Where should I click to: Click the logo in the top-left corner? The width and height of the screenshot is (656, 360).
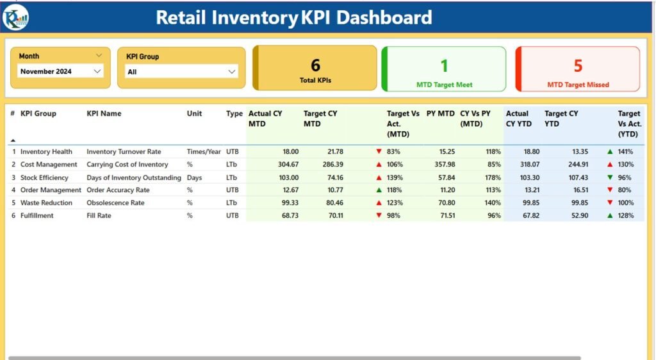pyautogui.click(x=15, y=17)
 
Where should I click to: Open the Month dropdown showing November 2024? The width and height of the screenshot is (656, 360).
pyautogui.click(x=61, y=72)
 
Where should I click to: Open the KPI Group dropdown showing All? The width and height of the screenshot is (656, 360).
pyautogui.click(x=181, y=72)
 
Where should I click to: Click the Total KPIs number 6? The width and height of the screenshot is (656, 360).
pyautogui.click(x=315, y=65)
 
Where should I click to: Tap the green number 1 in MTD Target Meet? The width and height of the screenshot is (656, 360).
pyautogui.click(x=444, y=65)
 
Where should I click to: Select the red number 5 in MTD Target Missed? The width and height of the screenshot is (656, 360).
pyautogui.click(x=578, y=65)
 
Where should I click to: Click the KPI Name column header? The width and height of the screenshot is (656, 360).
pyautogui.click(x=104, y=114)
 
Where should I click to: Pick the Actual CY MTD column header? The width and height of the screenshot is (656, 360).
pyautogui.click(x=265, y=119)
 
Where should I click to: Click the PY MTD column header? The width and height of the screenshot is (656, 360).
pyautogui.click(x=440, y=114)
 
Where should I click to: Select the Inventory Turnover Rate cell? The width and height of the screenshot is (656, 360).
pyautogui.click(x=124, y=152)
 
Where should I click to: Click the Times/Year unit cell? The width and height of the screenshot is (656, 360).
pyautogui.click(x=204, y=152)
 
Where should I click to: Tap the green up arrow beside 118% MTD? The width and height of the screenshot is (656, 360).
pyautogui.click(x=379, y=190)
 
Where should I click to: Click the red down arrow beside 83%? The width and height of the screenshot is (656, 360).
pyautogui.click(x=379, y=152)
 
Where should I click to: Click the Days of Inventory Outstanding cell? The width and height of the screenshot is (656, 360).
pyautogui.click(x=134, y=177)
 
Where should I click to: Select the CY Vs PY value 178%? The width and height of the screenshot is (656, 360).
pyautogui.click(x=492, y=177)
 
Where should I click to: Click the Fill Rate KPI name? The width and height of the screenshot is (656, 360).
pyautogui.click(x=99, y=216)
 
